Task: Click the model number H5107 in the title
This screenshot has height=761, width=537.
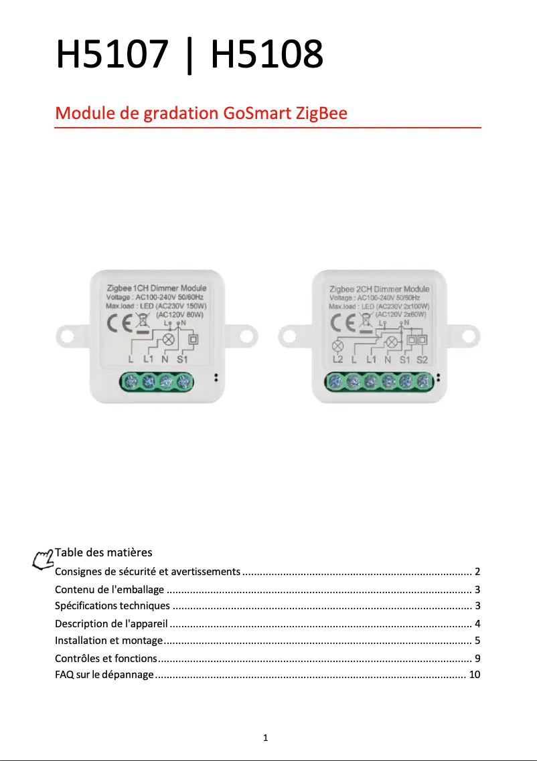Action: coord(111,55)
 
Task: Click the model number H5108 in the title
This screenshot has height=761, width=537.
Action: coord(267,55)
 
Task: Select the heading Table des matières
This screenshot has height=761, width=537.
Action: coord(104,552)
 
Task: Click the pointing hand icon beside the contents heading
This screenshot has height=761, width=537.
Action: coord(44,559)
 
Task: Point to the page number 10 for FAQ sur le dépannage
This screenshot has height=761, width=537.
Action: coord(475,674)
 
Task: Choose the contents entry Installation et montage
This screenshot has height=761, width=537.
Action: coord(108,641)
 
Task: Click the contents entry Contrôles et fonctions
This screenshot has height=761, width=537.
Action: coord(106,657)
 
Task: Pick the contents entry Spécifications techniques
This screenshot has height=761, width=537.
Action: coord(112,606)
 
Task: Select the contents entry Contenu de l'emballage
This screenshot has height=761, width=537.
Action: coord(109,589)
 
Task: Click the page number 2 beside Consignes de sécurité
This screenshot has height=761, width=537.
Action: coord(477,572)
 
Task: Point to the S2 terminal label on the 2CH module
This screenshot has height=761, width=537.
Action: coord(422,359)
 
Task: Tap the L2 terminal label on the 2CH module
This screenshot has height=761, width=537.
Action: coord(337,359)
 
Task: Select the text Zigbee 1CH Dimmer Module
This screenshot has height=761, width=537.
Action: coord(157,288)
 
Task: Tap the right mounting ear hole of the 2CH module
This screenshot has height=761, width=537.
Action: coord(470,334)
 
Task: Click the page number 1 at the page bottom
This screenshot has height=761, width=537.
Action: coord(266,738)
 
